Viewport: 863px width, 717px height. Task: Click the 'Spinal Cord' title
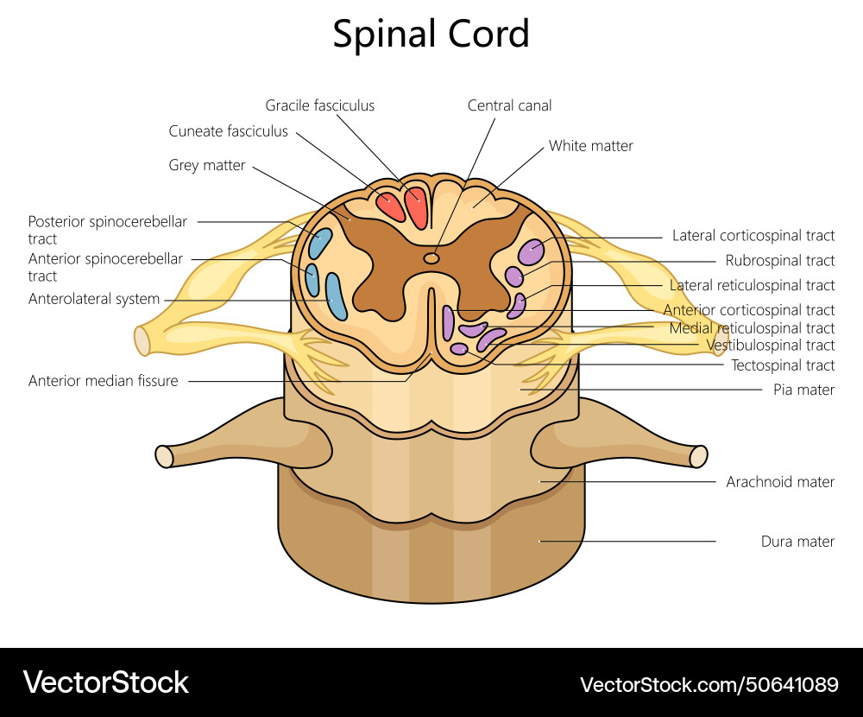pos(431,35)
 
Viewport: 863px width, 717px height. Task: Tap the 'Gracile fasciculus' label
pos(319,105)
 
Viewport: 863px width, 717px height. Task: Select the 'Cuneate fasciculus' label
pos(228,131)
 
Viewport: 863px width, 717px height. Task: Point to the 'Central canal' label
pos(509,105)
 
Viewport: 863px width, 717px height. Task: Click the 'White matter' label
pos(590,146)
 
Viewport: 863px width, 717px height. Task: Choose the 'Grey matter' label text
pos(207,165)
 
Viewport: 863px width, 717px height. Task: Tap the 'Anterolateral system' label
pos(94,299)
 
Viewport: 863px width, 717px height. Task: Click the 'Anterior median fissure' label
pos(103,381)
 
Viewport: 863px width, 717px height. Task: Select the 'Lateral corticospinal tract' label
pos(753,235)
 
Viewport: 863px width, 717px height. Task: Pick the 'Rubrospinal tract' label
pos(779,260)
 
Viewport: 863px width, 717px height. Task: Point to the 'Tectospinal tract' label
pos(783,365)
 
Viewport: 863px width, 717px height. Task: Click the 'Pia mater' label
pos(803,390)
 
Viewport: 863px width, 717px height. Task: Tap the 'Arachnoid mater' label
pos(780,481)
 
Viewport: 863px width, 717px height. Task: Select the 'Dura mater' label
pos(797,542)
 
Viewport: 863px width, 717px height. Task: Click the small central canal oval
pos(431,257)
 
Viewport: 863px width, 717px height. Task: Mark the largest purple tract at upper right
pos(531,251)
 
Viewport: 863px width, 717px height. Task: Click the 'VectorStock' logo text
pos(105,682)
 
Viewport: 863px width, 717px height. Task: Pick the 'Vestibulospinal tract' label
pos(770,346)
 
